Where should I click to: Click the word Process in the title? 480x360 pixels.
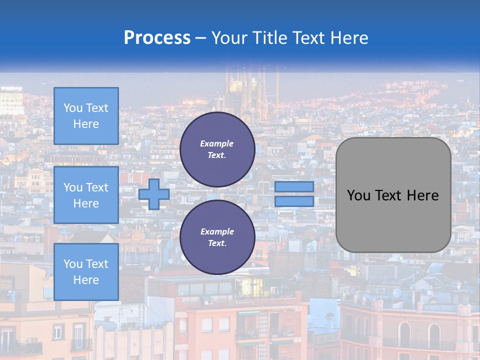click(157, 37)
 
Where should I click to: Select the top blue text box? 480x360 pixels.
click(86, 116)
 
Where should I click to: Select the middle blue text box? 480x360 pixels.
click(86, 195)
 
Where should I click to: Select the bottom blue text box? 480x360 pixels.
click(86, 272)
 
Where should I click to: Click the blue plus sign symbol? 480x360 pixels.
click(154, 194)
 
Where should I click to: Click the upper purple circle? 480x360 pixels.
click(217, 149)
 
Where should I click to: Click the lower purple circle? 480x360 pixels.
click(217, 237)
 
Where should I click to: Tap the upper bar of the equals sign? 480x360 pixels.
click(294, 187)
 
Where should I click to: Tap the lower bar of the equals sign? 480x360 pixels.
click(294, 201)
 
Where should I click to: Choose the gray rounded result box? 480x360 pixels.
click(393, 220)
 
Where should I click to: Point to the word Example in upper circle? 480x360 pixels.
click(217, 143)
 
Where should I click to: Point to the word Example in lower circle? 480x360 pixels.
click(217, 231)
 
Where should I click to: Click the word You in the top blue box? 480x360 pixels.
click(73, 108)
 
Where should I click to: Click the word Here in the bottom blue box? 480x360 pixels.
click(86, 280)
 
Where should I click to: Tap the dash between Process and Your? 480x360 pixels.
click(201, 38)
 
